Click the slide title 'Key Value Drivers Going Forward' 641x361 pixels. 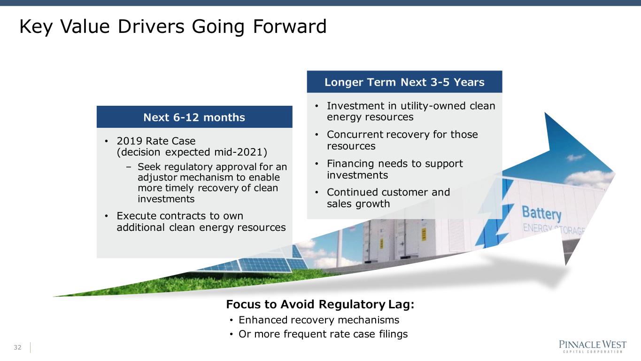pos(173,26)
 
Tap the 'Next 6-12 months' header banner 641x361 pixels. pos(194,117)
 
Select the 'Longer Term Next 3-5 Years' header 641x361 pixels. pos(404,82)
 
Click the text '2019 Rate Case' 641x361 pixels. pos(156,141)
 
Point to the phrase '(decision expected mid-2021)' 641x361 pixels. pos(192,152)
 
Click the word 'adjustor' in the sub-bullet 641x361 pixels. pos(157,177)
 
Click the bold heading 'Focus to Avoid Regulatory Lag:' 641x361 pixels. pos(320,304)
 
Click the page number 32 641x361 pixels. pos(17,347)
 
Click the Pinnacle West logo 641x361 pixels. pos(593,346)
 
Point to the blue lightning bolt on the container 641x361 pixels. pos(495,212)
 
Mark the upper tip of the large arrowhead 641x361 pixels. pos(545,113)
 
